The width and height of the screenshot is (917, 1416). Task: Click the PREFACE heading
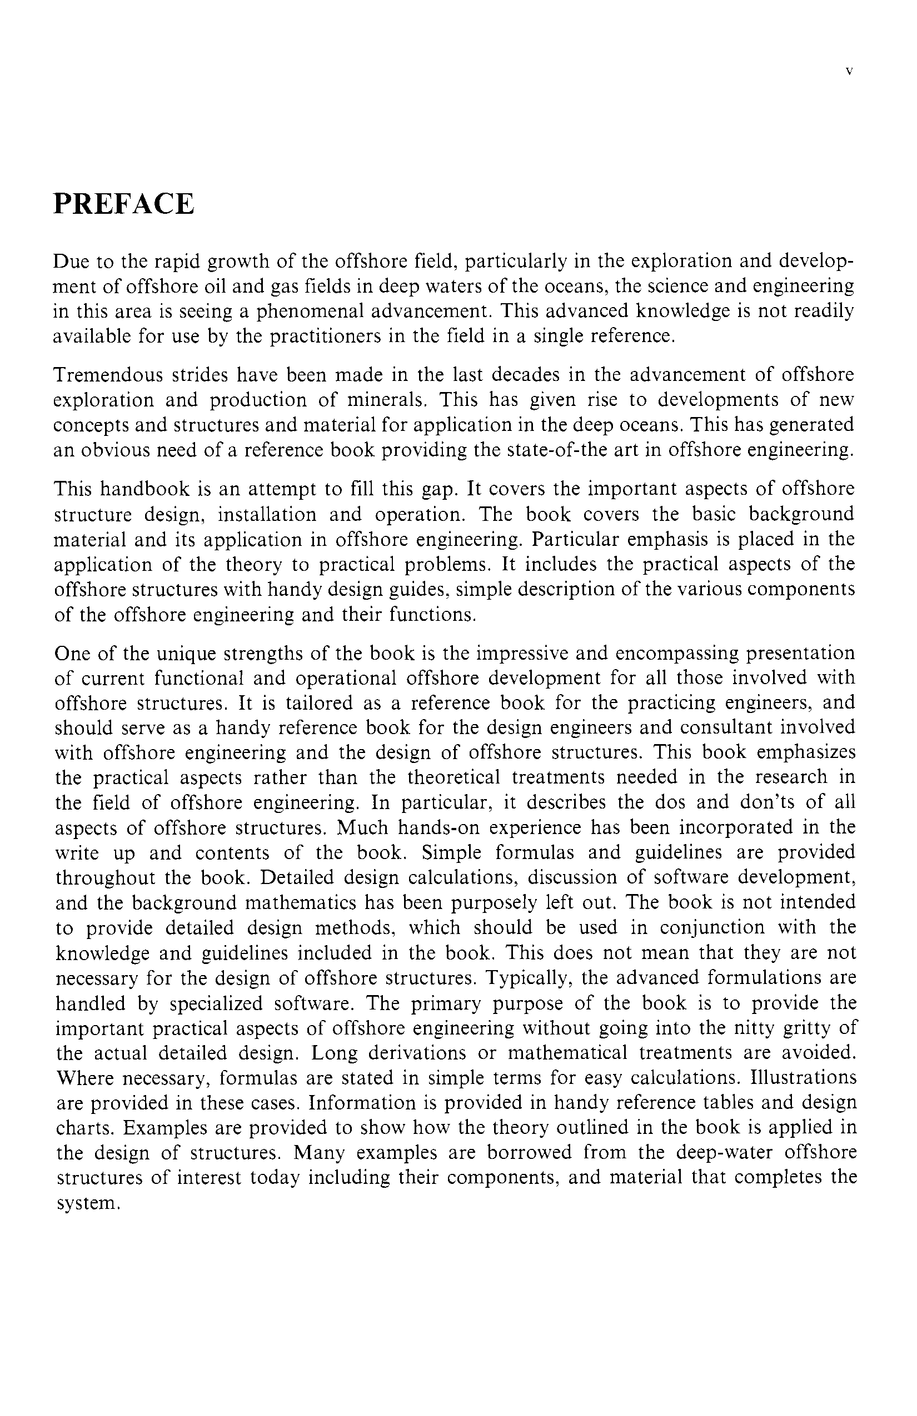(124, 204)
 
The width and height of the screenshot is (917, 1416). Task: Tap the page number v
(849, 71)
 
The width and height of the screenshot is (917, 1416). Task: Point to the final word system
(88, 1204)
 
